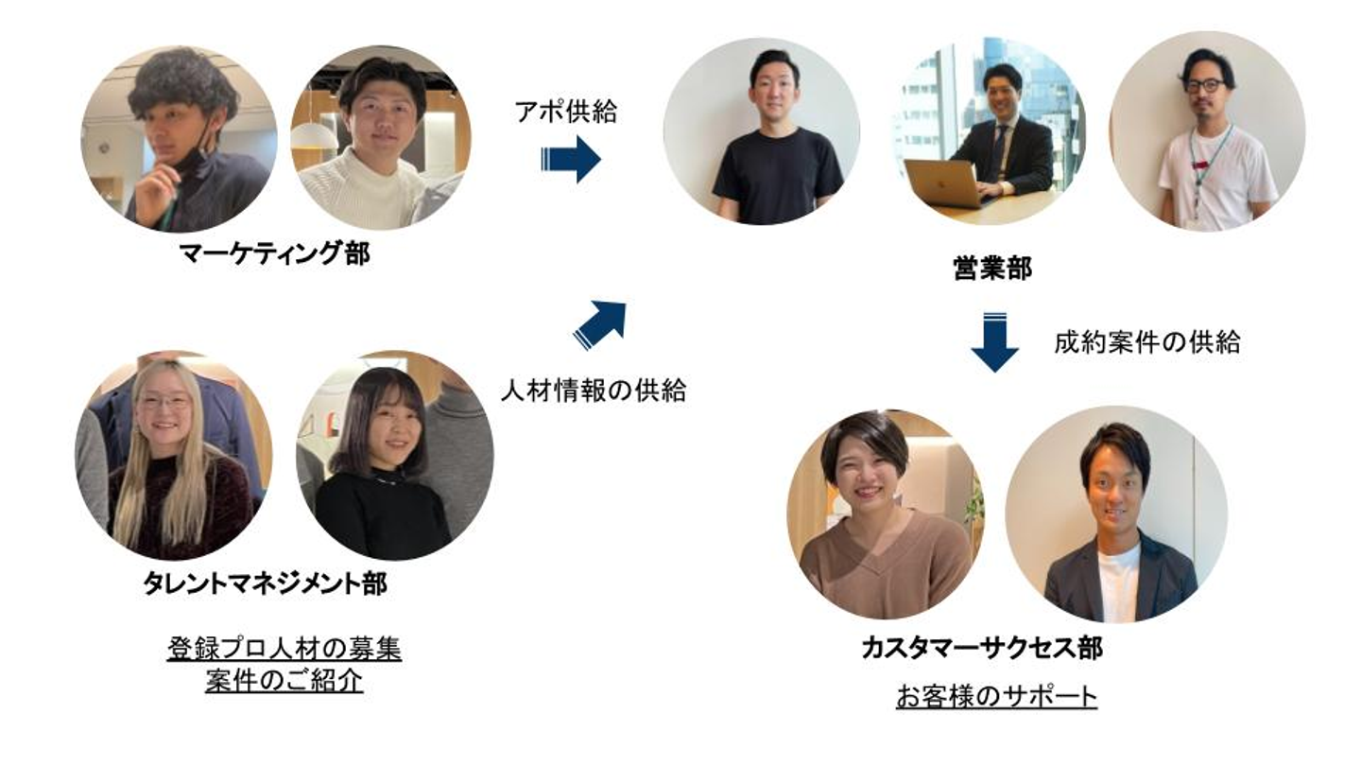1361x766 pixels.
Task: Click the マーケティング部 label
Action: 274,253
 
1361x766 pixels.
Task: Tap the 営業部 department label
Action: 991,268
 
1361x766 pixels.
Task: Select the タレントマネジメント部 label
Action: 265,583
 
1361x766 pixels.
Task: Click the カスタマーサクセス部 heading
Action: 982,648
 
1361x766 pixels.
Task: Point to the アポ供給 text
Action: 565,112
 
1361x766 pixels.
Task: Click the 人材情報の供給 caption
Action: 593,390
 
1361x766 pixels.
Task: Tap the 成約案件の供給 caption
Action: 1146,342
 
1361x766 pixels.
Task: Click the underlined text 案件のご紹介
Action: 284,681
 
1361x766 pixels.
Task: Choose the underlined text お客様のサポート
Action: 996,697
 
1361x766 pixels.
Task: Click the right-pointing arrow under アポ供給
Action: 571,159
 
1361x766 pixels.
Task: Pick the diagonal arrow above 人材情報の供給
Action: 599,325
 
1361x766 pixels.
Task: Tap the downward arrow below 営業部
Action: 994,341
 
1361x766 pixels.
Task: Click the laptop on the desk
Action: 944,183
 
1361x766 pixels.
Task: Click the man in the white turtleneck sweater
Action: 378,151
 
